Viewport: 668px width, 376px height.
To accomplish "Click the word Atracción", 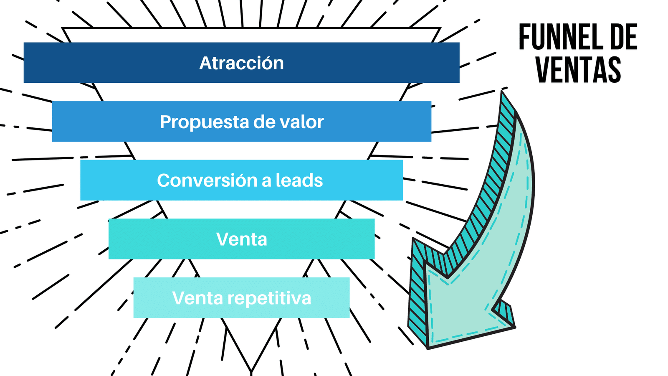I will tap(241, 63).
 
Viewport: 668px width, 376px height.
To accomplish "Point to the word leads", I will tap(299, 180).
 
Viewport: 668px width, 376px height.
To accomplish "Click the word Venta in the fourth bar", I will tap(241, 239).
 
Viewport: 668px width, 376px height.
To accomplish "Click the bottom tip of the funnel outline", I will tap(251, 371).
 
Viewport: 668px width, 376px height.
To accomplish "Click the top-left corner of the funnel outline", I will tap(63, 29).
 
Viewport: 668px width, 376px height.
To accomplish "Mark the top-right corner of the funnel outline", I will tap(440, 29).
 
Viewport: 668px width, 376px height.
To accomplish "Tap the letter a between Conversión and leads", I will tap(266, 181).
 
